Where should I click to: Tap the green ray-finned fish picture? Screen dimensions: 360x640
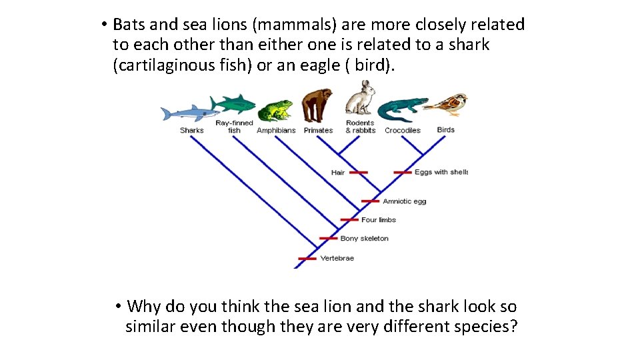(233, 104)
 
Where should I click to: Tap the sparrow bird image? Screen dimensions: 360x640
(447, 103)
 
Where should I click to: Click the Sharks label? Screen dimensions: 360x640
(191, 131)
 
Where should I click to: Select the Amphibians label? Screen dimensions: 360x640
(276, 131)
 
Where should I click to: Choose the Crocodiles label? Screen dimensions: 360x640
(402, 131)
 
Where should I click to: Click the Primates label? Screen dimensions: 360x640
(318, 131)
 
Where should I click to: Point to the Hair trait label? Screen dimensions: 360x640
(338, 173)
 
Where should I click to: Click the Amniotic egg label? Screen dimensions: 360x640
(404, 201)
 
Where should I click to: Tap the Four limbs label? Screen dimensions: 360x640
(379, 220)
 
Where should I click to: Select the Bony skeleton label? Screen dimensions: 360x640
(364, 239)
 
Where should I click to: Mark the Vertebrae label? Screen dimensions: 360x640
(337, 259)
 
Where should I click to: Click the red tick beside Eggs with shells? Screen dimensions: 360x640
(403, 173)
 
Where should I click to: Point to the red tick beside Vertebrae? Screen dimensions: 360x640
(307, 259)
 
